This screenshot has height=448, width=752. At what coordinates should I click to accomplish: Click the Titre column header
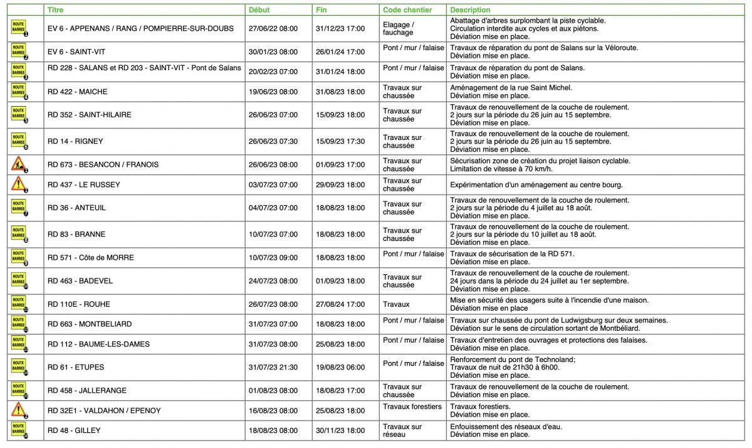click(x=55, y=10)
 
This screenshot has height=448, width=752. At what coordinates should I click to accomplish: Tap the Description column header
click(x=470, y=10)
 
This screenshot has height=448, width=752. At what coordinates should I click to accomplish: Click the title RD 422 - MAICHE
click(x=77, y=92)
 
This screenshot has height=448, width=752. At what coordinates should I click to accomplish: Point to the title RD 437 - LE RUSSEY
click(x=83, y=184)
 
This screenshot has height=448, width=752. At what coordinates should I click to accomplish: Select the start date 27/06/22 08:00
click(x=273, y=28)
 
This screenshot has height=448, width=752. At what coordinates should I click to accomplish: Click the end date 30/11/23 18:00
click(x=340, y=430)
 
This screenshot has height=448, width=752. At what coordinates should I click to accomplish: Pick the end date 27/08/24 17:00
click(x=340, y=304)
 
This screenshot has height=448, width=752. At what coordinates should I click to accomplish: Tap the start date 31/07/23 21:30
click(x=273, y=367)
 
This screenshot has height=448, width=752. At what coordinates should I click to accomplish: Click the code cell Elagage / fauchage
click(x=399, y=28)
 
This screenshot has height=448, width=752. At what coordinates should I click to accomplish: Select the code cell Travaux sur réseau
click(x=402, y=430)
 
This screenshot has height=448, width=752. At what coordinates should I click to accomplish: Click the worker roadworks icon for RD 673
click(x=18, y=164)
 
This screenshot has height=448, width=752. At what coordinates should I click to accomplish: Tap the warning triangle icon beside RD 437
click(x=18, y=184)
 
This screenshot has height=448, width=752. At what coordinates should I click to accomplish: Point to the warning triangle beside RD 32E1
click(x=18, y=410)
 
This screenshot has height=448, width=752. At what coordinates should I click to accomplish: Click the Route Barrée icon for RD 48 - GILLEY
click(x=18, y=430)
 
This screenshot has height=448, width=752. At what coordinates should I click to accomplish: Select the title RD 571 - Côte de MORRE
click(x=90, y=258)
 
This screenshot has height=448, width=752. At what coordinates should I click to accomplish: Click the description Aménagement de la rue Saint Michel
click(x=511, y=88)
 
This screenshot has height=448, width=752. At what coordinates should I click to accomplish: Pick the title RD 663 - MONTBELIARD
click(x=90, y=324)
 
